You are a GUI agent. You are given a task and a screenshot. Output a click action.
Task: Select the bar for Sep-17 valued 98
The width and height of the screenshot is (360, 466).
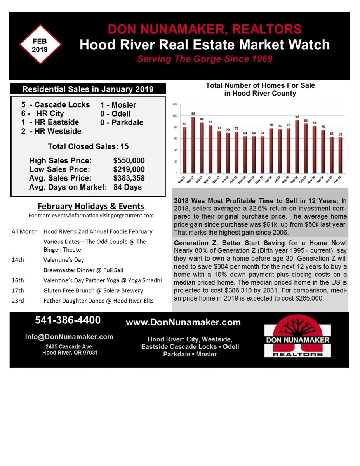click(x=193, y=144)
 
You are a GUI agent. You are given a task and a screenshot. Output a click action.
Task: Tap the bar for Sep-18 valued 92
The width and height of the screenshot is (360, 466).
click(x=297, y=146)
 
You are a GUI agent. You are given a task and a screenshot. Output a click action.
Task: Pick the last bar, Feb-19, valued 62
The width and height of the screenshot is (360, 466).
click(x=341, y=155)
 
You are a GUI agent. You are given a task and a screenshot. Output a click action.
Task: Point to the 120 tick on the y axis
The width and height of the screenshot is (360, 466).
click(x=175, y=104)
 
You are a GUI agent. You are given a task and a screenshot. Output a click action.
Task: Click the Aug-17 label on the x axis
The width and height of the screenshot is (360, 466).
click(x=182, y=180)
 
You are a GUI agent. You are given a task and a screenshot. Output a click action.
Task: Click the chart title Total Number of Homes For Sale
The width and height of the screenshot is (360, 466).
click(x=260, y=89)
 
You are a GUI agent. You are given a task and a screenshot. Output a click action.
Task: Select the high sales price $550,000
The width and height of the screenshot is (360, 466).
click(x=129, y=161)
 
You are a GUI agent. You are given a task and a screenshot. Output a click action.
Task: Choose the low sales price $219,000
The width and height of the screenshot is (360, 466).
click(x=129, y=169)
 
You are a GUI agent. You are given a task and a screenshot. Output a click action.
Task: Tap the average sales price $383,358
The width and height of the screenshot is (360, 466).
click(x=129, y=178)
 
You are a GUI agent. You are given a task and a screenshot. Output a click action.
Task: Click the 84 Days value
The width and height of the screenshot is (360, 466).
click(x=127, y=187)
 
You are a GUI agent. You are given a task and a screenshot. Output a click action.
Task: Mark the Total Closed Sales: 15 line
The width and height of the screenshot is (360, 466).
click(x=88, y=146)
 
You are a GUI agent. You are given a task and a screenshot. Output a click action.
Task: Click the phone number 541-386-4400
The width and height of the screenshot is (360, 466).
click(x=68, y=320)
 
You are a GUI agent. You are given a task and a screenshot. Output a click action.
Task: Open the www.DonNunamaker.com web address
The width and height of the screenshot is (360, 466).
click(x=183, y=322)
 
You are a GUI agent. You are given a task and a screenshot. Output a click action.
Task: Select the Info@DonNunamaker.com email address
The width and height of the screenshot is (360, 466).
click(x=69, y=337)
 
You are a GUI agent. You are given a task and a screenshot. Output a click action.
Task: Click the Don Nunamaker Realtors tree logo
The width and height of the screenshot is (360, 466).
click(x=297, y=335)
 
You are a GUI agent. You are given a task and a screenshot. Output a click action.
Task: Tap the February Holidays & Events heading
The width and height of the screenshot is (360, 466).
click(x=90, y=206)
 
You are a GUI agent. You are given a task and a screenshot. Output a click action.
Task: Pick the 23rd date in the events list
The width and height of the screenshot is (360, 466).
click(x=18, y=301)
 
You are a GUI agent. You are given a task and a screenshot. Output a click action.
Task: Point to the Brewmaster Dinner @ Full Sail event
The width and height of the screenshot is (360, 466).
click(x=83, y=270)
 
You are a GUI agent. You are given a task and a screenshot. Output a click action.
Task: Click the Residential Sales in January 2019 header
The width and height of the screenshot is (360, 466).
click(x=88, y=89)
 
